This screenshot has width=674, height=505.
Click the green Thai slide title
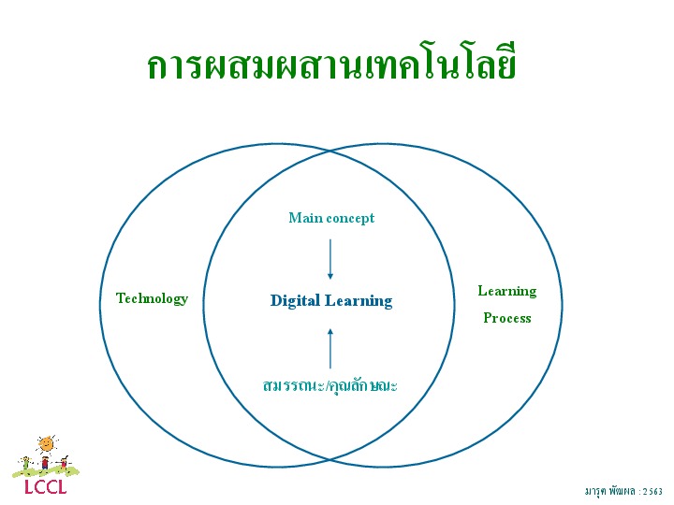pyautogui.click(x=331, y=65)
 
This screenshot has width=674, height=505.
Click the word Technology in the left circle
pyautogui.click(x=153, y=298)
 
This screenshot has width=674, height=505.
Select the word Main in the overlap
pyautogui.click(x=305, y=217)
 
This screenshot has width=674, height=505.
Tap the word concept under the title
pyautogui.click(x=350, y=219)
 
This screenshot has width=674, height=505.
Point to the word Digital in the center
pyautogui.click(x=295, y=300)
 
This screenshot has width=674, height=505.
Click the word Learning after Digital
pyautogui.click(x=359, y=300)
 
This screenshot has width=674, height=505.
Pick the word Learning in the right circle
pyautogui.click(x=507, y=291)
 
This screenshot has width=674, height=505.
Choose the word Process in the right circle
pyautogui.click(x=507, y=318)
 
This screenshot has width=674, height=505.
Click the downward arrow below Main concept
pyautogui.click(x=330, y=259)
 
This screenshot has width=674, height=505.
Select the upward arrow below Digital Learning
pyautogui.click(x=330, y=348)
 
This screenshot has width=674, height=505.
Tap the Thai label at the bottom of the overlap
pyautogui.click(x=330, y=385)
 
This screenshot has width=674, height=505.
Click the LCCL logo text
pyautogui.click(x=46, y=487)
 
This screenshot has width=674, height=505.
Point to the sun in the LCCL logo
pyautogui.click(x=46, y=444)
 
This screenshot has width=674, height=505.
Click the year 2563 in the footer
pyautogui.click(x=652, y=492)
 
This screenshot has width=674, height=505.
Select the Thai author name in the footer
pyautogui.click(x=609, y=492)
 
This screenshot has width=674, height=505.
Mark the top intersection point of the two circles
pyautogui.click(x=330, y=151)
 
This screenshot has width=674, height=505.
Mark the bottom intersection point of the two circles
pyautogui.click(x=330, y=460)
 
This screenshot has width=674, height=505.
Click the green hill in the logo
pyautogui.click(x=46, y=472)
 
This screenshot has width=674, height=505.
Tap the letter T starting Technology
pyautogui.click(x=121, y=297)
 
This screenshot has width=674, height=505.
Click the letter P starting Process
pyautogui.click(x=488, y=317)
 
